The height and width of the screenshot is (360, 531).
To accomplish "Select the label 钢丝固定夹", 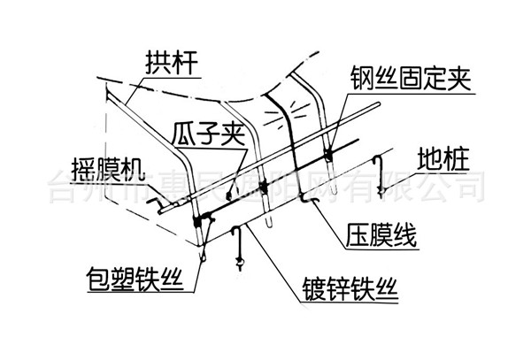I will tap(402, 85).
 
